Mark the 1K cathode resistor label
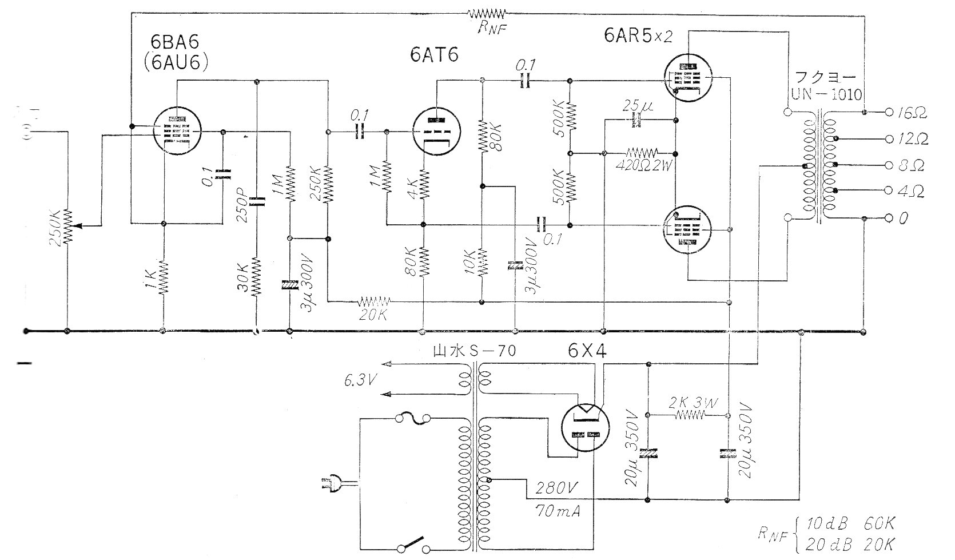tap(149, 279)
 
